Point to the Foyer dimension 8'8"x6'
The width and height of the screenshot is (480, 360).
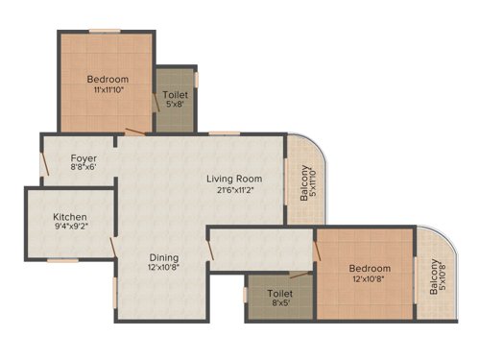[x=83, y=168]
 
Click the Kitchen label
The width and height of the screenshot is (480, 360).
[x=70, y=218]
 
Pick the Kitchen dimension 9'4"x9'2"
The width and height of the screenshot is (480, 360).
[x=70, y=229]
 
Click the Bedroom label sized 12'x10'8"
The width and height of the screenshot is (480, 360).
[x=370, y=268]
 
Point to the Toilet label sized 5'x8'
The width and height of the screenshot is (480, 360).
[x=177, y=96]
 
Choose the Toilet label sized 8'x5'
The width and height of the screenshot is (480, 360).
[x=280, y=294]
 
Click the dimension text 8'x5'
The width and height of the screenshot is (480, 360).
[x=280, y=305]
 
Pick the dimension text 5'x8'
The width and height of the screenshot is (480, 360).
[x=177, y=108]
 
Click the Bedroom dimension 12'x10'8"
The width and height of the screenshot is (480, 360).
[x=370, y=279]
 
